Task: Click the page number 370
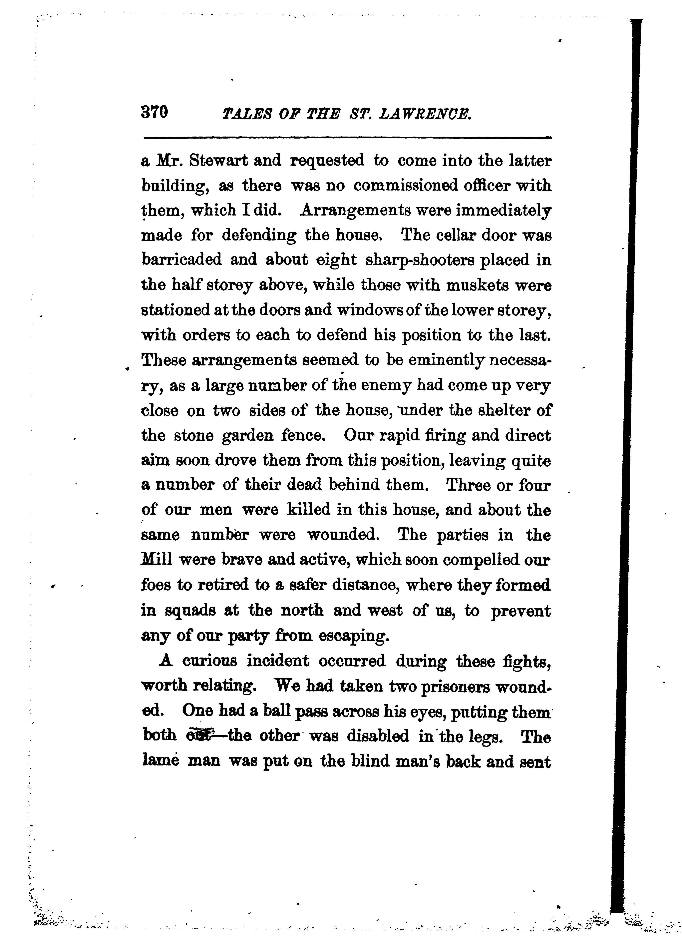pyautogui.click(x=154, y=112)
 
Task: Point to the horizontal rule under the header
pyautogui.click(x=347, y=137)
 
